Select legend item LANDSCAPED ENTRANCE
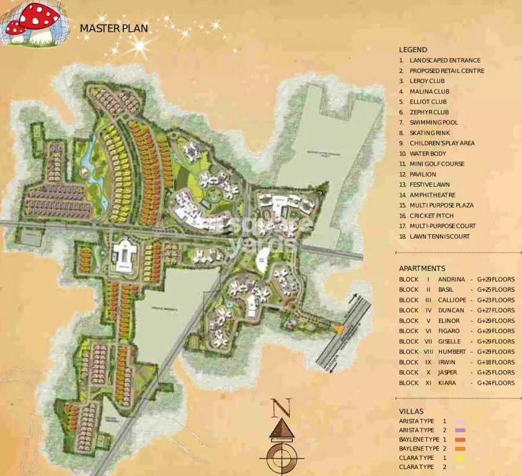tap(445, 60)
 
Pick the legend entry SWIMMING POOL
tap(433, 123)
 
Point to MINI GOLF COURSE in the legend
tap(436, 164)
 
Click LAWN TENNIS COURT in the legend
tap(439, 236)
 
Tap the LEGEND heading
tap(413, 50)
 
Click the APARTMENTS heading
tap(422, 268)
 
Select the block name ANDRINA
tap(451, 279)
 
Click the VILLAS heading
tap(411, 411)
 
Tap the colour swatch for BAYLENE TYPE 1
tap(459, 439)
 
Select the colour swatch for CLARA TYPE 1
tap(459, 457)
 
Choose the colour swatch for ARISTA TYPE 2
tap(459, 430)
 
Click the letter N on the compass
tap(281, 408)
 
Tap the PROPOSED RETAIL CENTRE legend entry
tap(446, 71)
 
